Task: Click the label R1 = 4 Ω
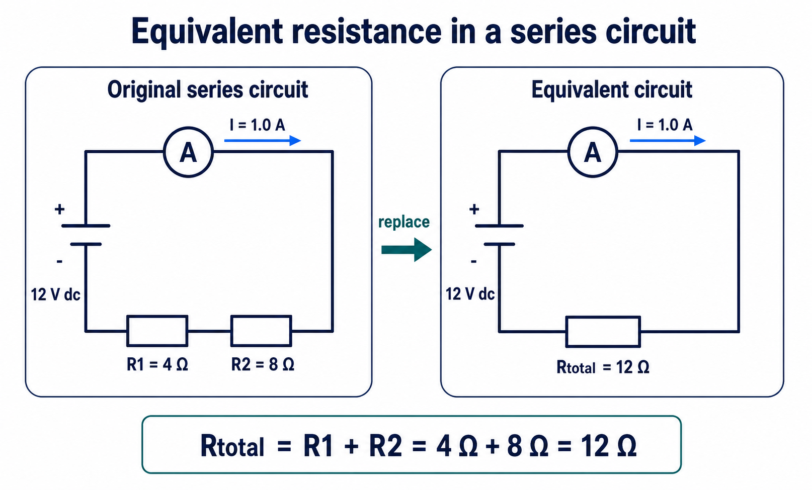point(157,364)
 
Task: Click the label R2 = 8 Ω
point(263,364)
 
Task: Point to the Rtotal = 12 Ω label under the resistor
point(603,367)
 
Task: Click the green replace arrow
point(407,250)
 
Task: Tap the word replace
point(404,222)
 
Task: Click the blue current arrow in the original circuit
point(263,141)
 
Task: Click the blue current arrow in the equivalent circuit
point(668,141)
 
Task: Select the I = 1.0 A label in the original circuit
point(258,125)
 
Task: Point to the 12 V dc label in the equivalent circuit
point(470,294)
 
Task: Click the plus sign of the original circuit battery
point(59,210)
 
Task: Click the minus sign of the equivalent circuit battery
point(473,261)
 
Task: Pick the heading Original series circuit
point(208,89)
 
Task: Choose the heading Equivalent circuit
point(612,89)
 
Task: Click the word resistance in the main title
point(366,31)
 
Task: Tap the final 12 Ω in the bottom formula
point(608,446)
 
